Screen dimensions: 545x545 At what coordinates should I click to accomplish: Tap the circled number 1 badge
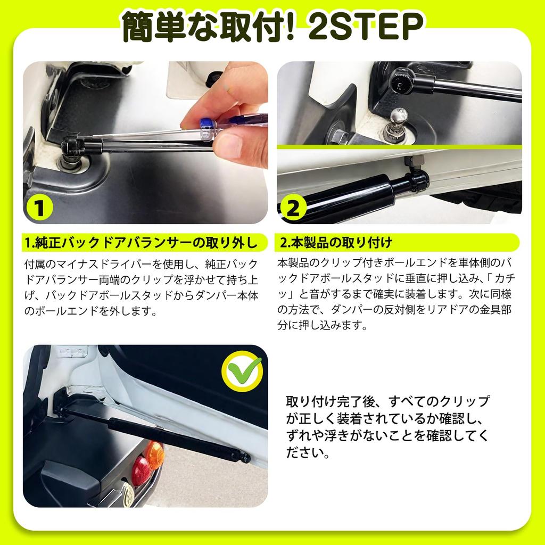[x=39, y=208]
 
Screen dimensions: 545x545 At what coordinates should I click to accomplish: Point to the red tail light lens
[x=142, y=470]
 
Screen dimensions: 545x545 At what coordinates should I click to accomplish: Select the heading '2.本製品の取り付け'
[x=336, y=243]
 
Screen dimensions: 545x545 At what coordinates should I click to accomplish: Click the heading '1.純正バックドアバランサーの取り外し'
[x=141, y=243]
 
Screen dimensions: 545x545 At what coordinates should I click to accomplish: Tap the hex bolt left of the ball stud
[x=337, y=137]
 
